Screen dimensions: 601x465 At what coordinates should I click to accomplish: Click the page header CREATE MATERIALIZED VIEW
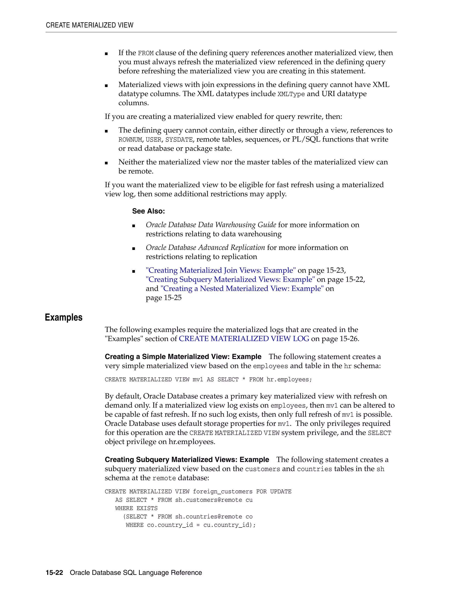(x=89, y=25)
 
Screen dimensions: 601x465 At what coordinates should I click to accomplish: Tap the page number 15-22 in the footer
(x=54, y=573)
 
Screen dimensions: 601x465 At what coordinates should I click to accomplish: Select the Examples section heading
(x=64, y=317)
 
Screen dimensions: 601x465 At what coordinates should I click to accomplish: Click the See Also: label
(x=148, y=211)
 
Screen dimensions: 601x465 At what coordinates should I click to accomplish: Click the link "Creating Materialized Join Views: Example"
(x=221, y=270)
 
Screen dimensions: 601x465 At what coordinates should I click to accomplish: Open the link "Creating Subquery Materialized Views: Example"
(x=230, y=279)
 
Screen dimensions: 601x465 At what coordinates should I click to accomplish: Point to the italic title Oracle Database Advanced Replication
(x=205, y=247)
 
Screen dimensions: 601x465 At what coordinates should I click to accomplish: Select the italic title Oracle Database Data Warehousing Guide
(x=211, y=225)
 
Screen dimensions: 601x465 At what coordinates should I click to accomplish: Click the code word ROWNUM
(x=130, y=140)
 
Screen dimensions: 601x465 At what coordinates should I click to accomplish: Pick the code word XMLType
(x=291, y=94)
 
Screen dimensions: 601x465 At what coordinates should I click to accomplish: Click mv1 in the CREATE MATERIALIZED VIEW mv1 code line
(x=198, y=379)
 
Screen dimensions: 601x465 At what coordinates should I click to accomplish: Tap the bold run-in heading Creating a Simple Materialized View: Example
(x=183, y=357)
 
